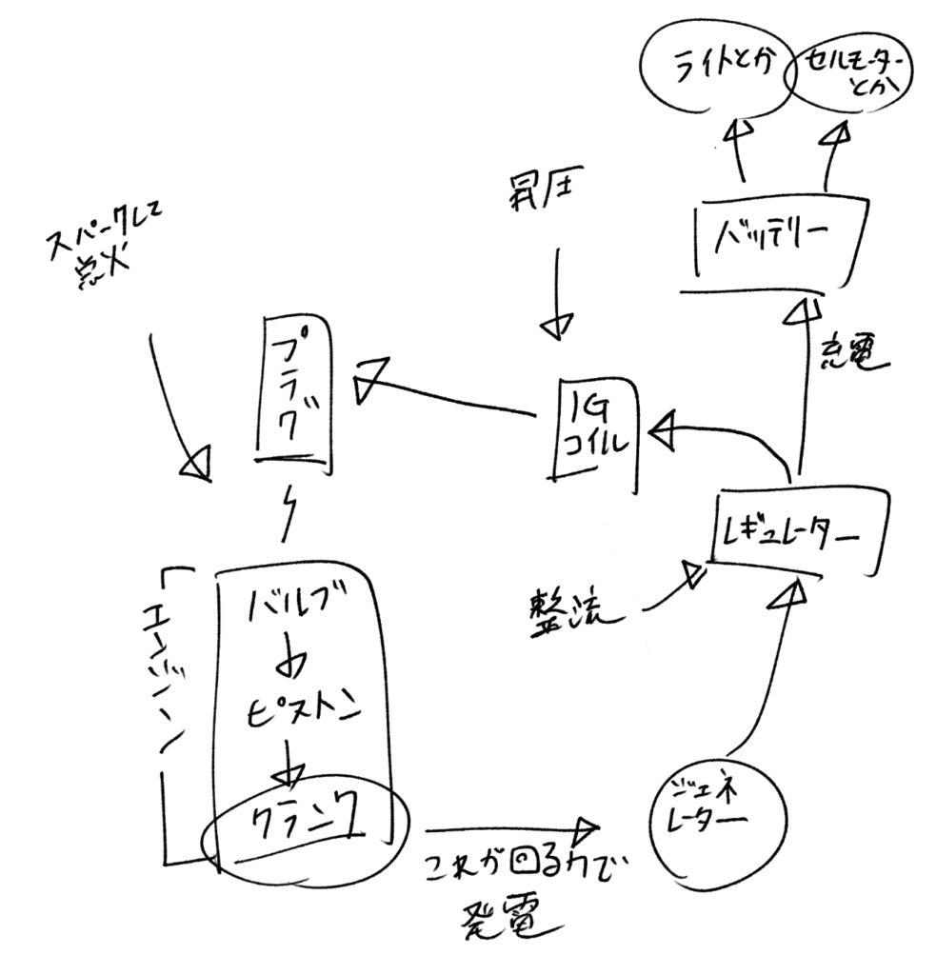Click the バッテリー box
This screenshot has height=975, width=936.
[770, 237]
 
